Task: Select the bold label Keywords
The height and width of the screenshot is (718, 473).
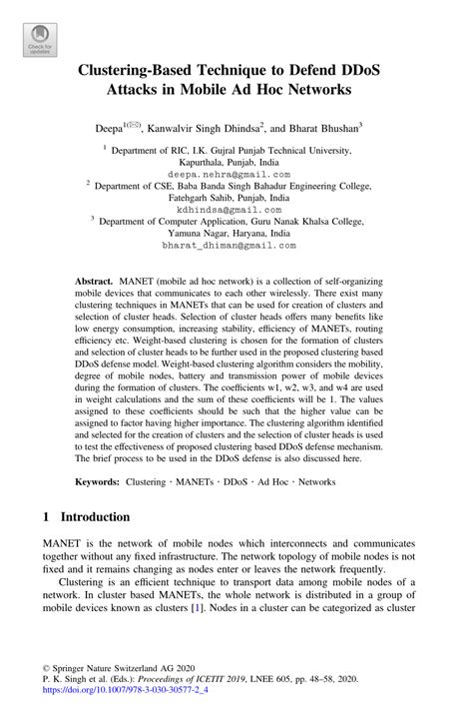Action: pos(97,480)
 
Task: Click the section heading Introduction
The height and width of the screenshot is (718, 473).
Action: pos(96,517)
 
